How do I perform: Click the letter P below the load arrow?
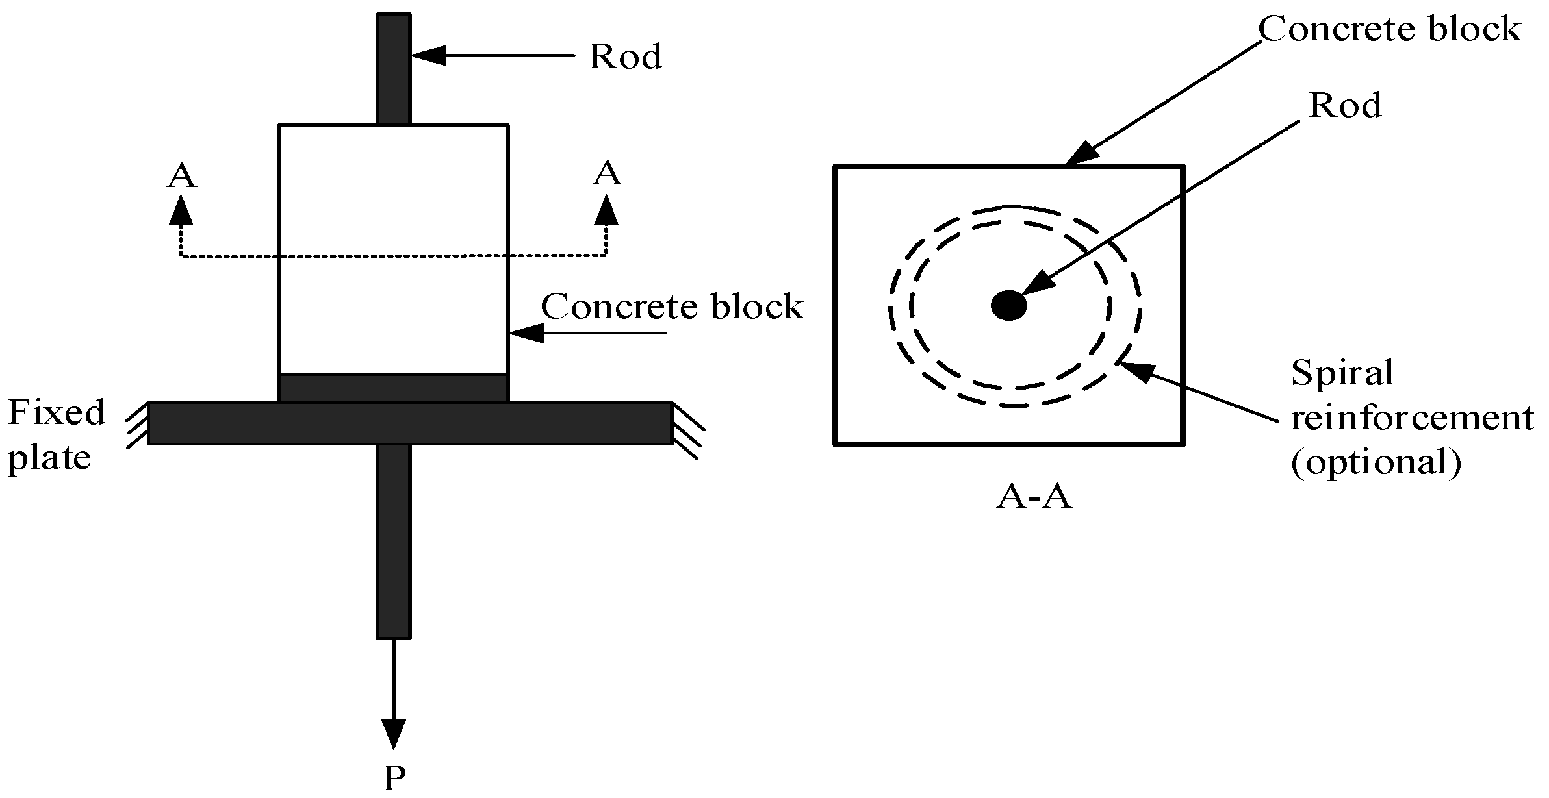[394, 778]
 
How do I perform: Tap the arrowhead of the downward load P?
[394, 734]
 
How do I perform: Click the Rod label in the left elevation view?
[625, 57]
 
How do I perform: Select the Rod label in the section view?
[1344, 106]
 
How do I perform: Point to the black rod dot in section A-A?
[1008, 305]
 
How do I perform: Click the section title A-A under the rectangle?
[1034, 498]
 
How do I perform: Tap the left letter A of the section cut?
[181, 176]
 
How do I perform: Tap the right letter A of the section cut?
[607, 174]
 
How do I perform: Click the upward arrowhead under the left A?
[181, 212]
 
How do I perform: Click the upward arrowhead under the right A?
[606, 212]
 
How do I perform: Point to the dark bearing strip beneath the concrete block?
[393, 388]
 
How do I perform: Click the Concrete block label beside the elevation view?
[672, 306]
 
